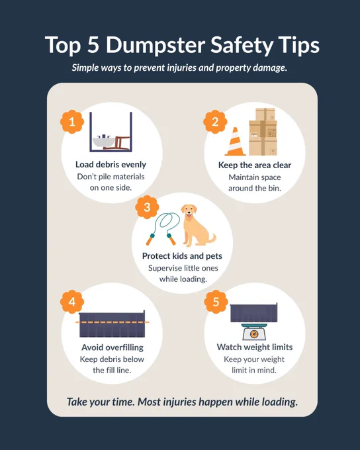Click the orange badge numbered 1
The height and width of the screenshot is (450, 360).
point(72,122)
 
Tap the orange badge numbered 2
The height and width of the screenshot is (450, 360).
point(215,122)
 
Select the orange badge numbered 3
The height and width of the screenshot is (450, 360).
point(147,207)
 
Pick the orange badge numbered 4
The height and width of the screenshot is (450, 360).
point(72,302)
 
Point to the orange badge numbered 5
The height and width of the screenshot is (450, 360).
point(216,302)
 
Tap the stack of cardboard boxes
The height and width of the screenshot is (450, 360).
point(263,132)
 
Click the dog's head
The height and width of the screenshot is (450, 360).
point(189,212)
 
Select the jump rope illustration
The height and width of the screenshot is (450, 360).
point(163,229)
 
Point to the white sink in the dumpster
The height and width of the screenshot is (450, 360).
point(104,142)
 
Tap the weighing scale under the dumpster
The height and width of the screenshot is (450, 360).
point(254,332)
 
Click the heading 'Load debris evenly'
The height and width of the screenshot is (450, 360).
point(111,164)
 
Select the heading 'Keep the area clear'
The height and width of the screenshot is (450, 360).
point(255,165)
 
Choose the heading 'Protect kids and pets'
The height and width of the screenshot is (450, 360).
point(182,256)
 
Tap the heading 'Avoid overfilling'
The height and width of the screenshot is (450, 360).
point(112,347)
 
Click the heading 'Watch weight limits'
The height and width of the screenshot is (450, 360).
point(255,347)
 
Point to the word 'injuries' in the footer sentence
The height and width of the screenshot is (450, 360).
point(179,402)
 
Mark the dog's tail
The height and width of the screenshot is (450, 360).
point(212,238)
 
